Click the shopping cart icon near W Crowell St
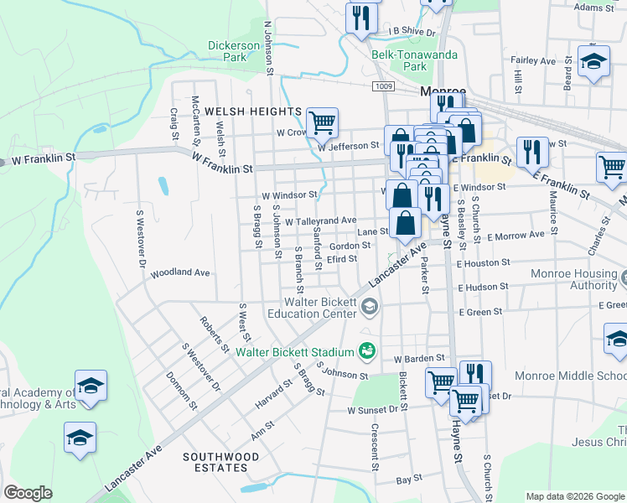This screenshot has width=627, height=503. coord(322,122)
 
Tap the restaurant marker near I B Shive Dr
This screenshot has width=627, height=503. coord(361,18)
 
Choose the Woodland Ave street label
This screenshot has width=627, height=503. coord(180,273)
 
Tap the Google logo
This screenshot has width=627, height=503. coord(28,493)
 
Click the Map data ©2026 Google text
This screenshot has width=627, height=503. coord(575,496)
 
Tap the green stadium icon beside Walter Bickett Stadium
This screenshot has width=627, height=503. coord(366,350)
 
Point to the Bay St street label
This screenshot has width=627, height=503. coord(408,480)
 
